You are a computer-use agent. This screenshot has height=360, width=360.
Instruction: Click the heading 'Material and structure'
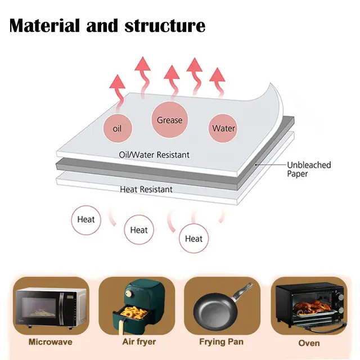point(107,25)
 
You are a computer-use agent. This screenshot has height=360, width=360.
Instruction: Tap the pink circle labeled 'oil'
point(117,129)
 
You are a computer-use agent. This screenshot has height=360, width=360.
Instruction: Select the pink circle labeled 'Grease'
point(169,120)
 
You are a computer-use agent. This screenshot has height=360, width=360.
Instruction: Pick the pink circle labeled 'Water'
point(223,128)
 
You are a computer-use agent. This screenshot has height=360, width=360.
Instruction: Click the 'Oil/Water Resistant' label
point(154,155)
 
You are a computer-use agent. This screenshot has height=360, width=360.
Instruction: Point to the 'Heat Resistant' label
point(146,190)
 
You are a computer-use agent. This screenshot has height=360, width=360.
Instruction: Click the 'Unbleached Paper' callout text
point(309,169)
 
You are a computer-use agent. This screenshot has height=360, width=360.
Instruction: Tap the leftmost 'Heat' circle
point(86,220)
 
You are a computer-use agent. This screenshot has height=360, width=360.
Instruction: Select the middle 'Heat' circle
point(139,230)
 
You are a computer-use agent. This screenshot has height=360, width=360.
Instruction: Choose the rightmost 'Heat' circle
point(193,238)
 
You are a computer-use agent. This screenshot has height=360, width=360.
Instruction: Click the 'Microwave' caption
point(51,341)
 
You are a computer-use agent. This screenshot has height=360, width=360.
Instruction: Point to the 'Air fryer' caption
point(139,341)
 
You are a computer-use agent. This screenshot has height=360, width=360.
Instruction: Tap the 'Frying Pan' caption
point(221,341)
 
